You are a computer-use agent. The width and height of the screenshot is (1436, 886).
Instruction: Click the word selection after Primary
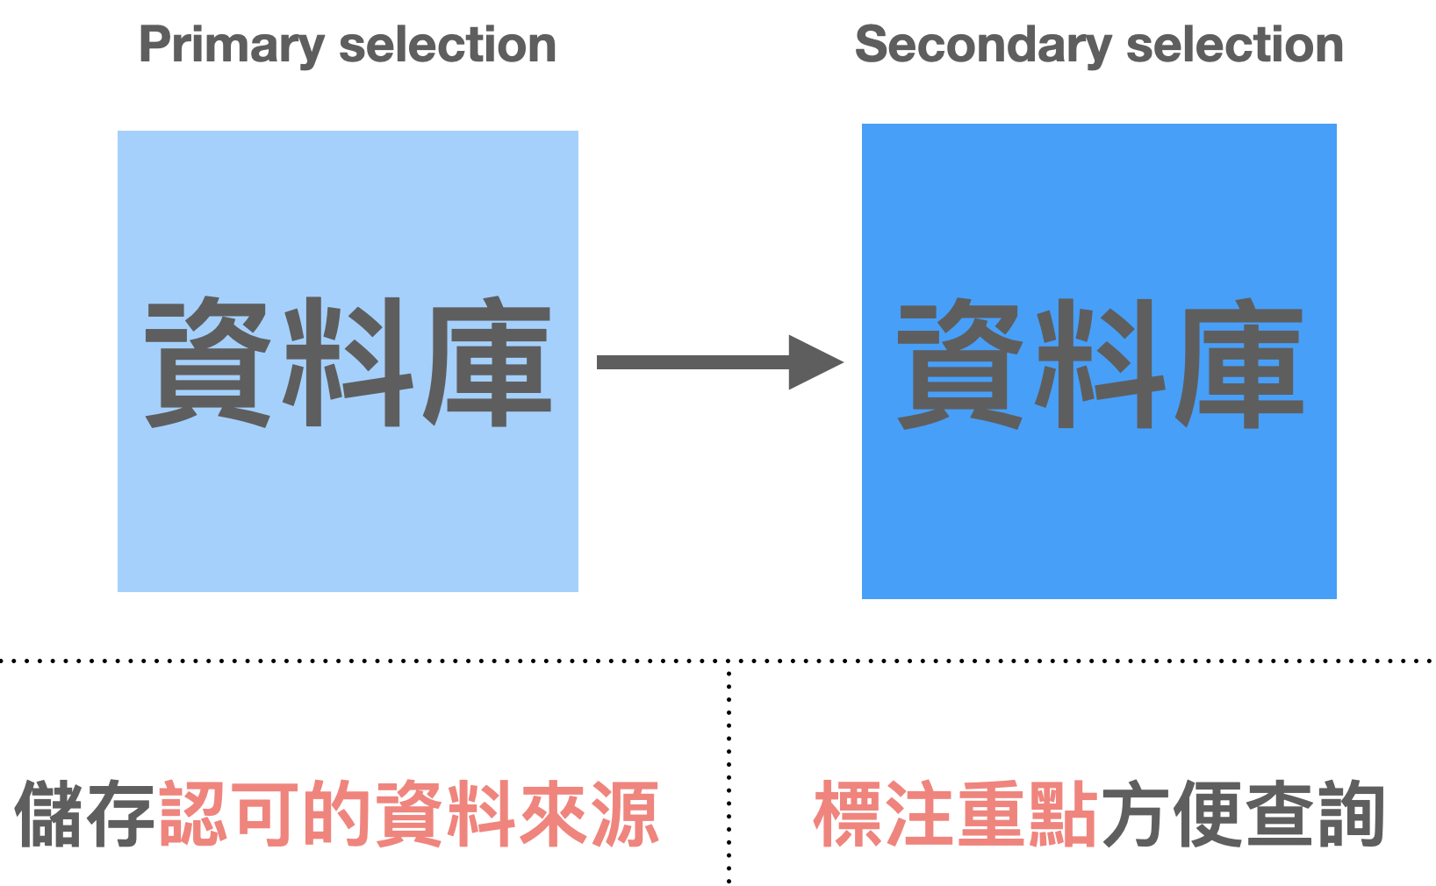coord(448,46)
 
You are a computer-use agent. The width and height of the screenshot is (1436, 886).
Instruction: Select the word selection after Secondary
coord(1235,46)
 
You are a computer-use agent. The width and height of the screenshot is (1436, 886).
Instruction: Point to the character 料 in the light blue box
coord(348,361)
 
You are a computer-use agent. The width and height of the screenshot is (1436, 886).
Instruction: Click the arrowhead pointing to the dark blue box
coord(815,362)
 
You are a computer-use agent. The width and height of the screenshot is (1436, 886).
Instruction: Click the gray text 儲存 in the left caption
coord(86,815)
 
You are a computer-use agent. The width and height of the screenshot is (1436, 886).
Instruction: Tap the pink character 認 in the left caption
coord(194,815)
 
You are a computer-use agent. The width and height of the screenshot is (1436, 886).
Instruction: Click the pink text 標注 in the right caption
coord(884,815)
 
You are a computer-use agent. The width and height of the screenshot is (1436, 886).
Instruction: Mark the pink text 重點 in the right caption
coord(1027,815)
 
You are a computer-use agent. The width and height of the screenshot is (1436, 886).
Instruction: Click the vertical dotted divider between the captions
coord(729,772)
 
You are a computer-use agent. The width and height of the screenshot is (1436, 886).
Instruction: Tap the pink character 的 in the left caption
coord(338,815)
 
